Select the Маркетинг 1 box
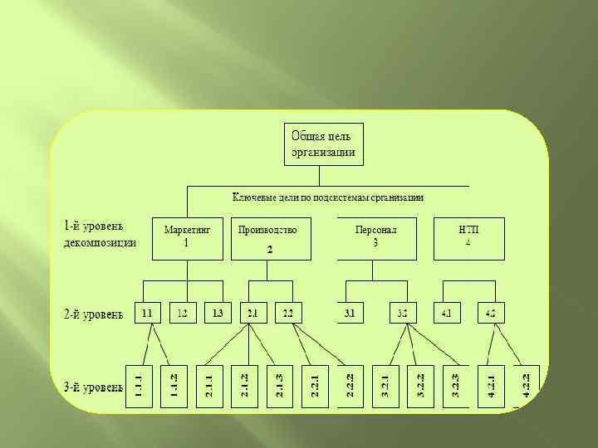pos(187,237)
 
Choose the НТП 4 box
pos(468,237)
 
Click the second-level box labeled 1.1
pos(146,313)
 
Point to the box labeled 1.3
pos(218,313)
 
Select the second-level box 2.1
pos(251,313)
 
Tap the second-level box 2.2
pos(287,313)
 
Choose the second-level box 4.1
pos(447,313)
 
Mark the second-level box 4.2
pos(491,313)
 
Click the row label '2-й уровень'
pos(94,314)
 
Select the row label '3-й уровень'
pos(94,386)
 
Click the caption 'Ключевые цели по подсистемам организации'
pos(327,197)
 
